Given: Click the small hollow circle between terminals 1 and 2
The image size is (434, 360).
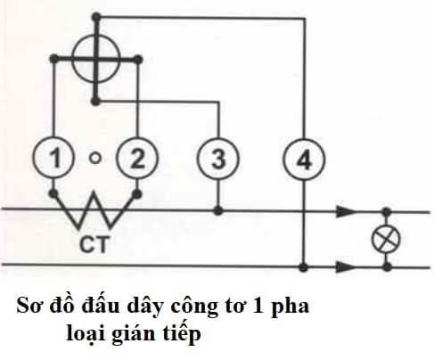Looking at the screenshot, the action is pos(95,158).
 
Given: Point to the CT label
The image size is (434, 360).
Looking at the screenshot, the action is pos(93,244).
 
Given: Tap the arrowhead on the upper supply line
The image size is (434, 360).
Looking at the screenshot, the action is pos(346,211).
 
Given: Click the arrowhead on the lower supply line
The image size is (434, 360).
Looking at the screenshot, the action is pos(346,266).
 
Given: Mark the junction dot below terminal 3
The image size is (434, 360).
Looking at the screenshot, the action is pos(218,211).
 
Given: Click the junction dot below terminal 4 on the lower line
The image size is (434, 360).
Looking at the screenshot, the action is pos(303,267).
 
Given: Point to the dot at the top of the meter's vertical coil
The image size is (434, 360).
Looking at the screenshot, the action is pos(96,17).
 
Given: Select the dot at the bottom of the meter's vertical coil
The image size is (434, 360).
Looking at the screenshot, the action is pos(95,102).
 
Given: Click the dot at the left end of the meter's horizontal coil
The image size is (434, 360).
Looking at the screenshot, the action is pos(53,59).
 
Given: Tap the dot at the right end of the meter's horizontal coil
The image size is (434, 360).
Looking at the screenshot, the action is pos(137,60).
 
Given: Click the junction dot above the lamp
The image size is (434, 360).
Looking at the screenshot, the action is pos(386,212).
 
